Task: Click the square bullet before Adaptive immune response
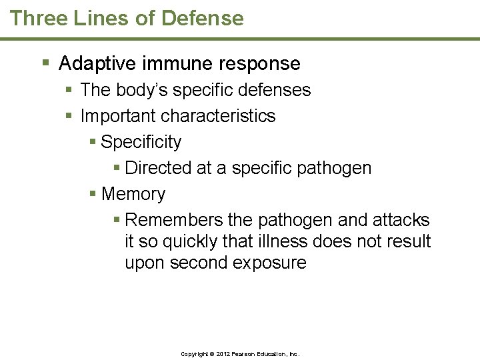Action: pyautogui.click(x=45, y=64)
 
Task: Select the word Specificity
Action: pyautogui.click(x=141, y=142)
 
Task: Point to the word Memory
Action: pyautogui.click(x=133, y=194)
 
